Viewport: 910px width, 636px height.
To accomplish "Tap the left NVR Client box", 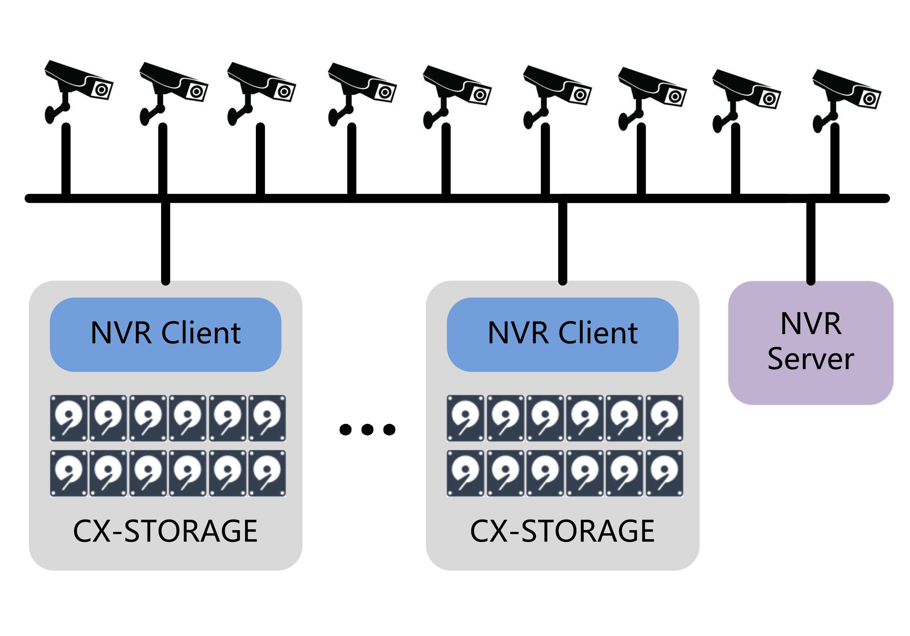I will (165, 334).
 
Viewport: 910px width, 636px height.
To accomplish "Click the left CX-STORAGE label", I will (165, 531).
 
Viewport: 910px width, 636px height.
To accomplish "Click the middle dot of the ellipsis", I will (367, 429).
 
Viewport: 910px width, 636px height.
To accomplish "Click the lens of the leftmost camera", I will (101, 90).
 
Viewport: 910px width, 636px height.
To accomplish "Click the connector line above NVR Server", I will (811, 242).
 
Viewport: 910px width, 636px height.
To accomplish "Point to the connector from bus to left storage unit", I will (166, 242).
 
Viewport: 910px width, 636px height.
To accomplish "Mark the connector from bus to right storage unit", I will (562, 242).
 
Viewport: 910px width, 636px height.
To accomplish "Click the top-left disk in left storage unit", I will (69, 418).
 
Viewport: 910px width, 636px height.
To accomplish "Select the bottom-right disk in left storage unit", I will (267, 473).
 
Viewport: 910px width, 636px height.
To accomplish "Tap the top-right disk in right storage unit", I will (664, 418).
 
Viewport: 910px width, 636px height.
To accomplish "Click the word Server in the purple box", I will (811, 359).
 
